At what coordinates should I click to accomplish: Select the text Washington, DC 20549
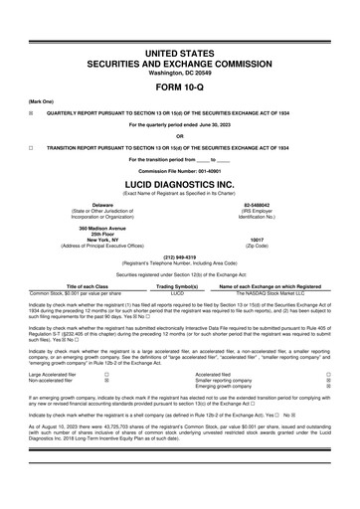pyautogui.click(x=179, y=71)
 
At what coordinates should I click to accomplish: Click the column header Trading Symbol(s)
pyautogui.click(x=179, y=287)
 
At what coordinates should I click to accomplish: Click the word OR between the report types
pyautogui.click(x=179, y=135)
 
